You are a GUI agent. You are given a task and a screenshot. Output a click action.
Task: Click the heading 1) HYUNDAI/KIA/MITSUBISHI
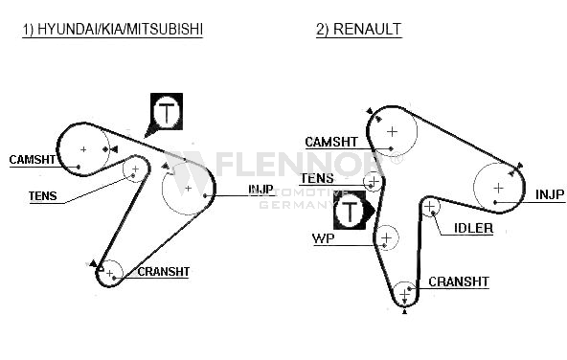tap(112, 29)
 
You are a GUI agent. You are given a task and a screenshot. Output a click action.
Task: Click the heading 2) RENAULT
tap(359, 29)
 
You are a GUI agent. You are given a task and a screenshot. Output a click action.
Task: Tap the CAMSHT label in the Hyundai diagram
tap(33, 159)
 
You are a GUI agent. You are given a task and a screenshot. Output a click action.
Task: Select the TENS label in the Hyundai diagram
tap(43, 196)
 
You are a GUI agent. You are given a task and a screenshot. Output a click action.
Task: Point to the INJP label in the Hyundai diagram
tap(261, 189)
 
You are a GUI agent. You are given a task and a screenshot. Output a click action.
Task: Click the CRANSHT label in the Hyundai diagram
tap(164, 272)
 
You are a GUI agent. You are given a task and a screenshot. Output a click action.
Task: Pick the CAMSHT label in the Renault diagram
tap(331, 142)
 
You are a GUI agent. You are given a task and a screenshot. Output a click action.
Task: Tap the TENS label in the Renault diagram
tap(317, 178)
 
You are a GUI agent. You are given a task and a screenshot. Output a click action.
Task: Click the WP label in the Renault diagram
tap(324, 238)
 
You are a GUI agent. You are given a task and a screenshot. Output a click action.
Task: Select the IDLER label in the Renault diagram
tap(473, 228)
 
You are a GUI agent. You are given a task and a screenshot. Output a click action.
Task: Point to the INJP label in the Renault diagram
tap(550, 194)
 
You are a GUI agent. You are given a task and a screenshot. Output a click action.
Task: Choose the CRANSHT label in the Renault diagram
tap(459, 281)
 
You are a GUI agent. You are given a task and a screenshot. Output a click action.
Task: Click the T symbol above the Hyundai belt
tap(167, 111)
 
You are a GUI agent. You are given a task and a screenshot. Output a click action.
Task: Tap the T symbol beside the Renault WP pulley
tap(350, 211)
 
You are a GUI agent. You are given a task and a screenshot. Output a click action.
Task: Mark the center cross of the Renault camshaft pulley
tap(392, 131)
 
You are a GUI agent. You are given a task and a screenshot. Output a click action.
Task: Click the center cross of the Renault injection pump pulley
tap(499, 188)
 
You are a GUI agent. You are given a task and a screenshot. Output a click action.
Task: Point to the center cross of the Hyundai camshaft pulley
tap(83, 149)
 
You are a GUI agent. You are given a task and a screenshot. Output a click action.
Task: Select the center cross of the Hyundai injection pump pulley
tap(188, 189)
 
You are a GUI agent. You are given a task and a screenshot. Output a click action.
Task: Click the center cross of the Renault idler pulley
tap(429, 207)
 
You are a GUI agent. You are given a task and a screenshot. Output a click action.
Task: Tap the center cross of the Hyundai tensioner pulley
tap(135, 169)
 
